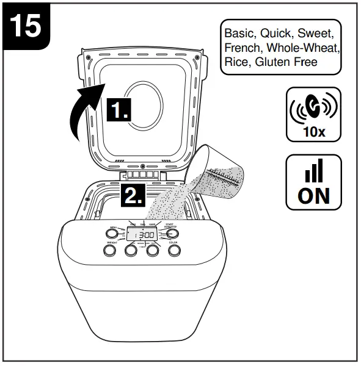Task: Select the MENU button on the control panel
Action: coord(114,234)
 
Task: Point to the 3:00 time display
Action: coord(144,234)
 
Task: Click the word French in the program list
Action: coord(241,46)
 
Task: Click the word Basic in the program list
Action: coord(239,32)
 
